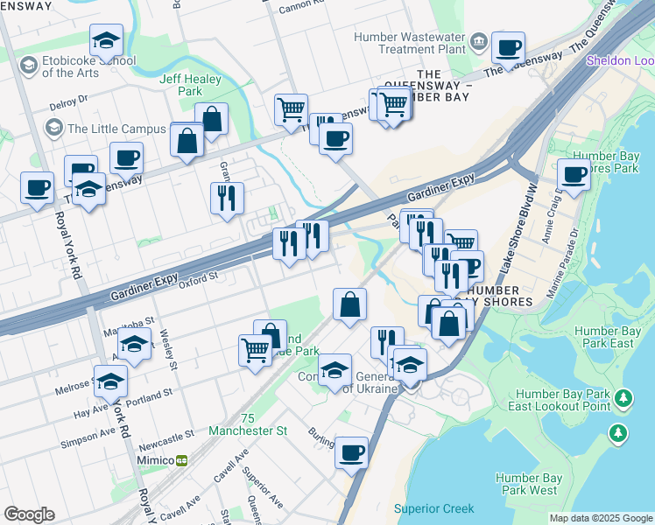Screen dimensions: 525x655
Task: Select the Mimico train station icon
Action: tap(182, 460)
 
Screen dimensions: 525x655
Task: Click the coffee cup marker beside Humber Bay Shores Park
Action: tap(574, 173)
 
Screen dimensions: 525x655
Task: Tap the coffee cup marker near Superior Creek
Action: tap(351, 452)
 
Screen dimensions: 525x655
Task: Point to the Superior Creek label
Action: tap(433, 508)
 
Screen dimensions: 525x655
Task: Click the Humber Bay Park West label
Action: tap(526, 484)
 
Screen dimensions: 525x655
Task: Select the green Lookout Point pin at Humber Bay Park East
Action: tap(623, 399)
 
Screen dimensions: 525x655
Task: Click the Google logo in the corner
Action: tap(29, 514)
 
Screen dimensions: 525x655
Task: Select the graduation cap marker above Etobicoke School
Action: tap(106, 39)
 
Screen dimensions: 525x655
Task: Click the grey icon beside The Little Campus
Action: tap(54, 129)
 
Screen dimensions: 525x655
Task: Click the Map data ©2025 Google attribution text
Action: tap(601, 518)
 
